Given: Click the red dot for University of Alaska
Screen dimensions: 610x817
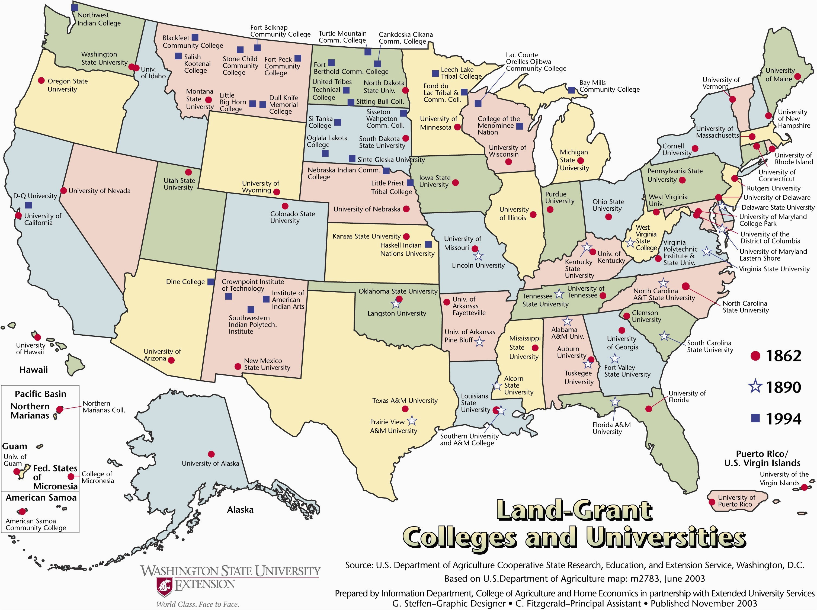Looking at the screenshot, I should pos(211,454).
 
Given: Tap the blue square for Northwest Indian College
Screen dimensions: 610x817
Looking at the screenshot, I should pos(75,7).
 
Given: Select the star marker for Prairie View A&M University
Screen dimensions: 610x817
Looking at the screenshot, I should pos(412,421).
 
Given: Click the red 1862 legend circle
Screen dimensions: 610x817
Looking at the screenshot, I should pos(755,356).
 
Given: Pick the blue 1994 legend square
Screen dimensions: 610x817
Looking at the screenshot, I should pos(755,418).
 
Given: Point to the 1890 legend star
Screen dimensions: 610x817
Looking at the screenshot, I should pos(755,387).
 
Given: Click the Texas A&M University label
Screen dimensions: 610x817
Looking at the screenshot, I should pos(405,401).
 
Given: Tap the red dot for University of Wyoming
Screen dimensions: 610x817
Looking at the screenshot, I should pos(276,192).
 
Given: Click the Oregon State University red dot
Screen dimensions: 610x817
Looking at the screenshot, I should pos(41,81).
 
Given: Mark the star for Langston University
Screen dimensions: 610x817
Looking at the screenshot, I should pos(396,304).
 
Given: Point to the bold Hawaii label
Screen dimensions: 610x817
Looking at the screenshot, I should pos(33,370).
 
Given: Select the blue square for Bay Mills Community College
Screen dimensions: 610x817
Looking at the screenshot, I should pos(571,90).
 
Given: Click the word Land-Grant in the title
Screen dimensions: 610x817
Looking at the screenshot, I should pos(574,511).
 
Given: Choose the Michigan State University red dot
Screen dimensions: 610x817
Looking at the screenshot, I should pos(581,160).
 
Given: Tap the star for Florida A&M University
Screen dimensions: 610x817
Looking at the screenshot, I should pos(615,402).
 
